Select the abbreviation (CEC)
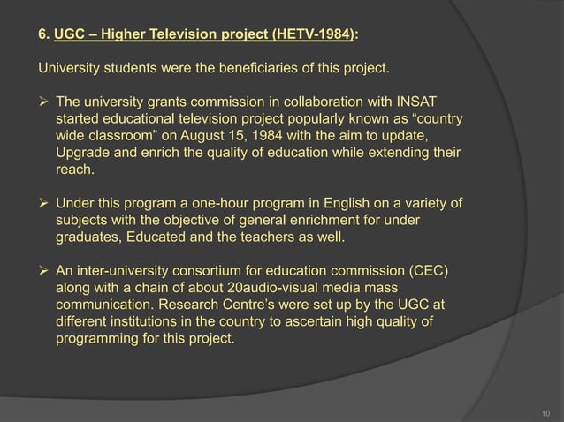pos(431,271)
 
